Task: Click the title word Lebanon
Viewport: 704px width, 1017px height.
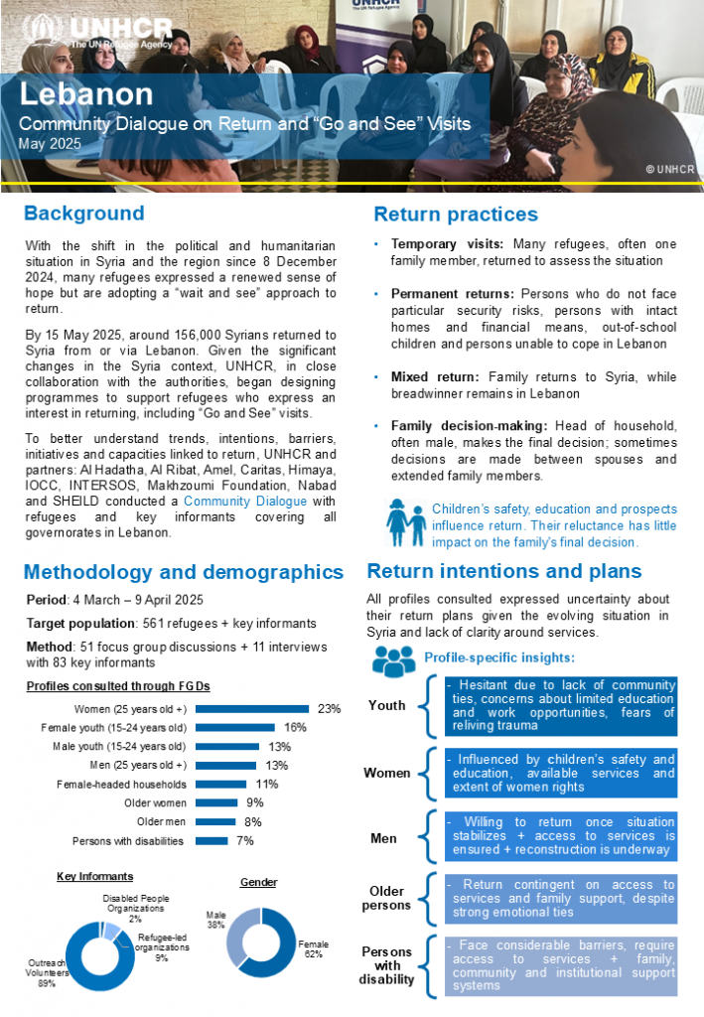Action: (87, 94)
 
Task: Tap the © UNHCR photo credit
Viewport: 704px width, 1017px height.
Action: (668, 170)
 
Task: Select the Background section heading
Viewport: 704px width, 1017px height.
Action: (84, 214)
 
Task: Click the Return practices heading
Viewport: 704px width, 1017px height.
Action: (456, 215)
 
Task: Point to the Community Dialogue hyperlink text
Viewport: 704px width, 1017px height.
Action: (245, 502)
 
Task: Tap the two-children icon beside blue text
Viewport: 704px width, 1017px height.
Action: (407, 525)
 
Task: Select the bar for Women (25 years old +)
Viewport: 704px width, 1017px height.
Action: (253, 708)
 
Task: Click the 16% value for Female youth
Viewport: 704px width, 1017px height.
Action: (295, 727)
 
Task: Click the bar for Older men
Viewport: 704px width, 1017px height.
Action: (215, 821)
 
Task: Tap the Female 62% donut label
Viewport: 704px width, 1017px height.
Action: (314, 949)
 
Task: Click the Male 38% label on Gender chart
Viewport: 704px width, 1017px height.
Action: (215, 920)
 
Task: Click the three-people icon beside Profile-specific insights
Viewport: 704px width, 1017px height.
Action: (393, 659)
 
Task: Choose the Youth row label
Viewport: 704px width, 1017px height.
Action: (387, 705)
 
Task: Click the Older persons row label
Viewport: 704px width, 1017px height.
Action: (387, 898)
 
